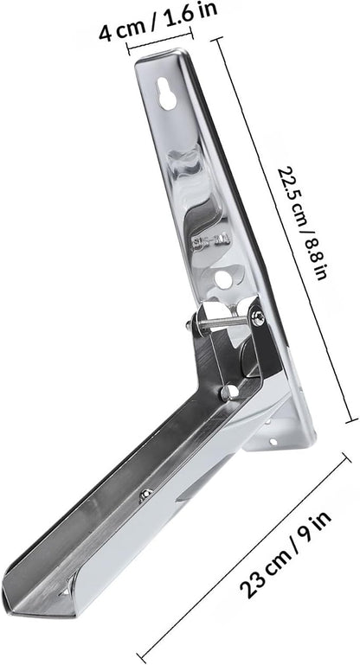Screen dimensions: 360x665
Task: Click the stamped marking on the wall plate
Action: (x=210, y=242)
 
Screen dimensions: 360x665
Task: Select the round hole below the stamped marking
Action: (x=222, y=278)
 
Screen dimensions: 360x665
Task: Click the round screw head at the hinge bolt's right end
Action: (x=258, y=318)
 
